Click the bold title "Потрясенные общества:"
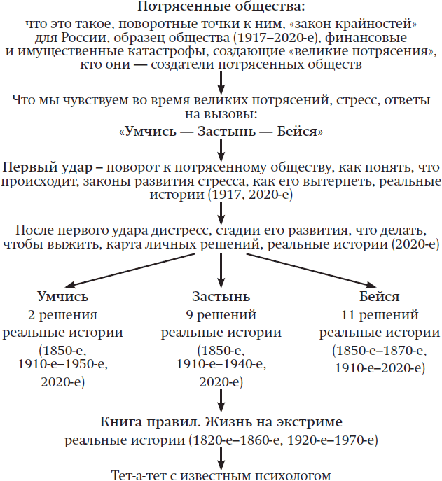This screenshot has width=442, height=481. (221, 7)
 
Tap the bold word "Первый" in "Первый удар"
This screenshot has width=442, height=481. (26, 170)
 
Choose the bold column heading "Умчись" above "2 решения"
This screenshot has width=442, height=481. (63, 296)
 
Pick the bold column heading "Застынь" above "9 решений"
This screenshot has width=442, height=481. (221, 296)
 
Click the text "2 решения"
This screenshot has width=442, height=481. (63, 314)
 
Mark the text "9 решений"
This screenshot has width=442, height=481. (221, 314)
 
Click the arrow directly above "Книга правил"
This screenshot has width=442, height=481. (221, 400)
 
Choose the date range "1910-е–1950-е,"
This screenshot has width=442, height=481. (64, 365)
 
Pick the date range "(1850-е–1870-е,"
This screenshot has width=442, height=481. (379, 349)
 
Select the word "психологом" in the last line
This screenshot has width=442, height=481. (293, 475)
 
